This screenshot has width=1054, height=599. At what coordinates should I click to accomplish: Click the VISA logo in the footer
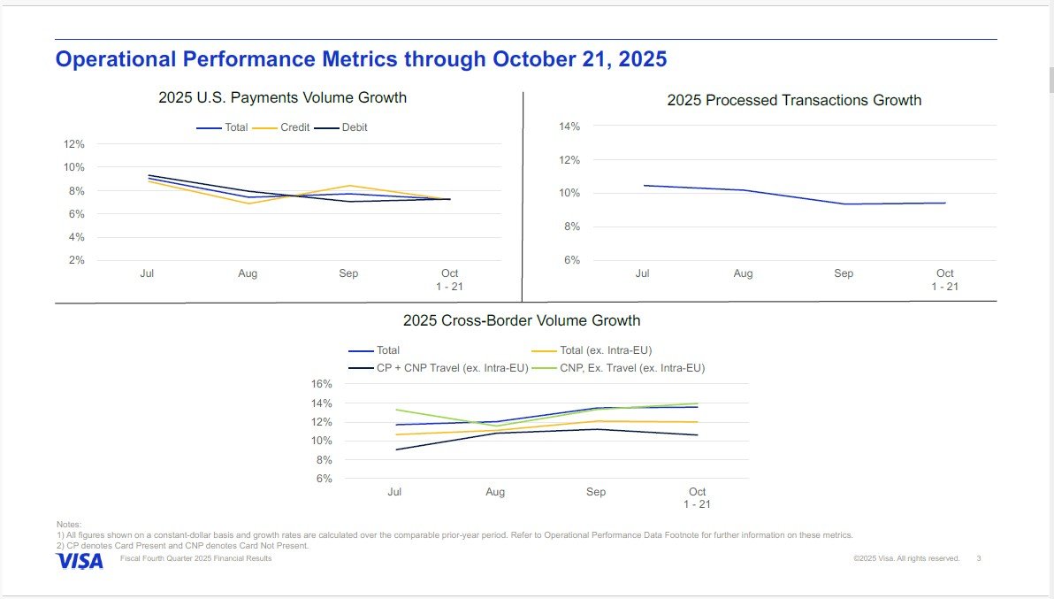click(x=80, y=561)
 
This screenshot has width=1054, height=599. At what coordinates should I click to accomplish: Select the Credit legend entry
click(x=281, y=127)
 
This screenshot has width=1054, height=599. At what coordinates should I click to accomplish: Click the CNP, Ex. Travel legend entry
click(x=618, y=368)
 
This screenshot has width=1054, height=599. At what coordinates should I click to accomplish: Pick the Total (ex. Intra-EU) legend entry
click(x=592, y=350)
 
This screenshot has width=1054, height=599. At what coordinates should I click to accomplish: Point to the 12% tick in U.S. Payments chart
click(x=74, y=144)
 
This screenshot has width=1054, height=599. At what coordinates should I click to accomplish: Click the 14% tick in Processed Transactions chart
click(x=569, y=127)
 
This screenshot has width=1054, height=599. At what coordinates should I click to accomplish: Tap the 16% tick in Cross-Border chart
click(x=321, y=384)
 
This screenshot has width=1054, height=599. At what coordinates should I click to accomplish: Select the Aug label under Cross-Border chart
click(x=495, y=491)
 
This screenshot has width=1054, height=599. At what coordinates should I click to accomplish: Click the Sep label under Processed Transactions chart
click(x=844, y=273)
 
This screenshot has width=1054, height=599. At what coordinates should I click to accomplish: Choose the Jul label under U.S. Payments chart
click(x=147, y=273)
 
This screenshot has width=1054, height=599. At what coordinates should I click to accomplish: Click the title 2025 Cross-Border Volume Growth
click(x=522, y=320)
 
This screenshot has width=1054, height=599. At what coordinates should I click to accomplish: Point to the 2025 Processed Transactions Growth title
click(x=794, y=100)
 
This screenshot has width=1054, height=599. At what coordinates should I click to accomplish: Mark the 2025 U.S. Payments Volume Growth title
click(x=282, y=97)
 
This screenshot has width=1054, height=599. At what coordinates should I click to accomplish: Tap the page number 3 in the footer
click(x=979, y=558)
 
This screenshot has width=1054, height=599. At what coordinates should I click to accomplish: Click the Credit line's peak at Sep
click(x=349, y=186)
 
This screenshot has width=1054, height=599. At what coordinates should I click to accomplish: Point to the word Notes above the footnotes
click(x=69, y=525)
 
